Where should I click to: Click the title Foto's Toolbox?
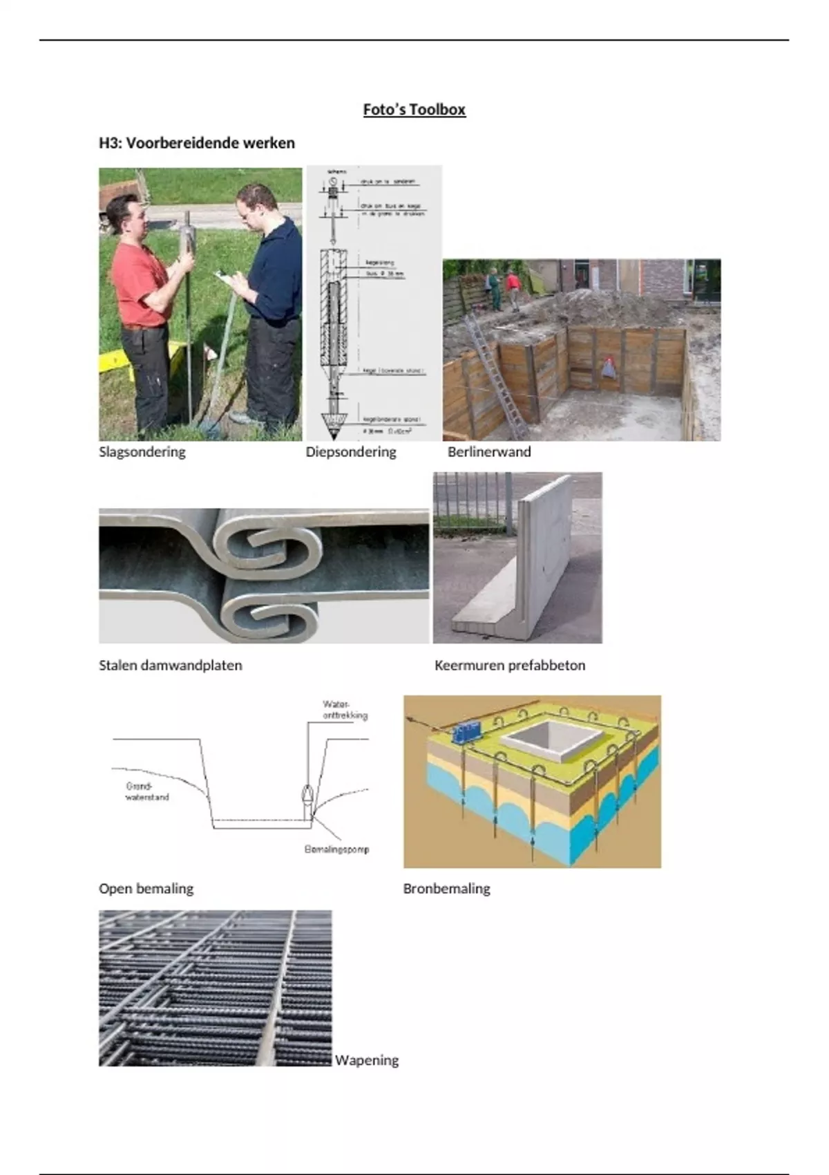click(414, 109)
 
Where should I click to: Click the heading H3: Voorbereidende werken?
click(197, 143)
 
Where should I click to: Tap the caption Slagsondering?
click(142, 452)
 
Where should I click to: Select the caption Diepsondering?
click(351, 452)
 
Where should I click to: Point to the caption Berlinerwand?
click(489, 452)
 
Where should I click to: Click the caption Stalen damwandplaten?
click(171, 666)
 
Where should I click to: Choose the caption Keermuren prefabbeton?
click(510, 666)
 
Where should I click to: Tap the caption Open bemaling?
click(146, 889)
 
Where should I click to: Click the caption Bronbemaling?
click(446, 889)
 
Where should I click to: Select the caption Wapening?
click(367, 1060)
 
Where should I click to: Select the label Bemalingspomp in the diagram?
click(336, 849)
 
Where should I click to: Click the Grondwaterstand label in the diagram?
click(146, 791)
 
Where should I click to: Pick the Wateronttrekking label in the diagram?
click(345, 710)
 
